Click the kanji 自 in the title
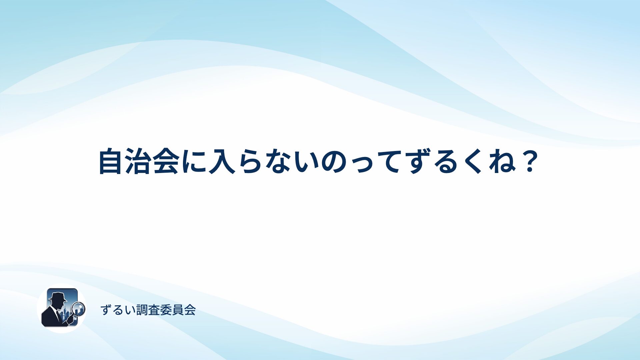coord(110,161)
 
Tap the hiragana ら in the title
coord(250,161)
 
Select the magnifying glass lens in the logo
coord(79,309)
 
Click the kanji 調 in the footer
coord(142,310)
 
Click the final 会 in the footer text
coord(190,310)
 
